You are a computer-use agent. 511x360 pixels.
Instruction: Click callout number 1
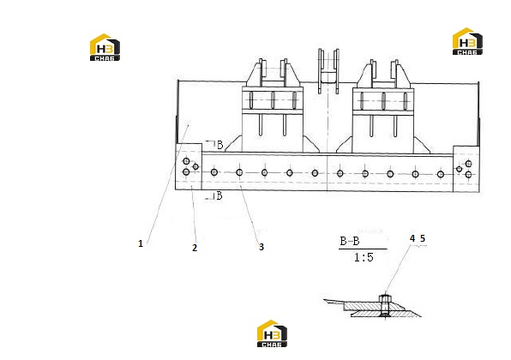[141, 243]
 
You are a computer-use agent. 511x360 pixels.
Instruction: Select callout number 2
[195, 248]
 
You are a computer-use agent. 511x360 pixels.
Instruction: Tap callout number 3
[262, 247]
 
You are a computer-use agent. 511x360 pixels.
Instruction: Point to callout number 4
[412, 238]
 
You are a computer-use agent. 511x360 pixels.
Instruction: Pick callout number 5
[423, 238]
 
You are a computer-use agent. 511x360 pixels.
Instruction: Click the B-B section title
[350, 241]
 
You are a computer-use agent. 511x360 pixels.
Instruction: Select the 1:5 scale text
[364, 257]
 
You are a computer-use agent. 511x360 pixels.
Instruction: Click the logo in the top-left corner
[105, 47]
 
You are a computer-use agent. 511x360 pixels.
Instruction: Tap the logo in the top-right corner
[467, 41]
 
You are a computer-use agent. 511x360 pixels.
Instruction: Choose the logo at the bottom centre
[272, 333]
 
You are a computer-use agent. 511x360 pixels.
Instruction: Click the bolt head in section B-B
[385, 298]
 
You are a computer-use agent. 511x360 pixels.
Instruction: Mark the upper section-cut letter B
[220, 145]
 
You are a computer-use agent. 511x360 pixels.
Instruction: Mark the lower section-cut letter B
[219, 195]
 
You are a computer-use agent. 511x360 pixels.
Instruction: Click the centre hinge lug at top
[328, 71]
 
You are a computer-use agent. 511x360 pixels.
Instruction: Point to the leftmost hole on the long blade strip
[214, 172]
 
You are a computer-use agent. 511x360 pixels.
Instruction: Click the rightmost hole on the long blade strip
[441, 174]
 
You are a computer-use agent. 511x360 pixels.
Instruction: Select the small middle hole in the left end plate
[195, 167]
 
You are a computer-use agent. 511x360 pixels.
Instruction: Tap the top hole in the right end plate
[468, 164]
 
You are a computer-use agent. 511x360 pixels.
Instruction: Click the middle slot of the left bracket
[274, 100]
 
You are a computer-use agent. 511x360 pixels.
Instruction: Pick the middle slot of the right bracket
[383, 101]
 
